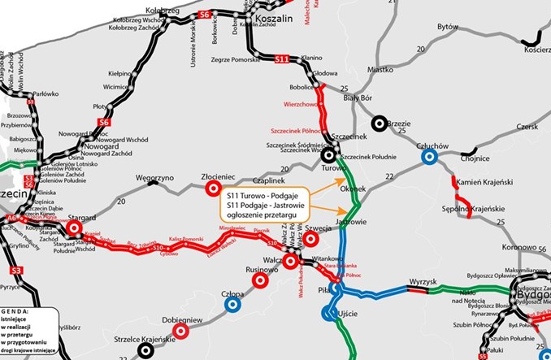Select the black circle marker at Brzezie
click(379, 124)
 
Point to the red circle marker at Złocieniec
click(213, 189)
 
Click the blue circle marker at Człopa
click(232, 305)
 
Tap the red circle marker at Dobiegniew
click(187, 332)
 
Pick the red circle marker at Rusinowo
click(260, 280)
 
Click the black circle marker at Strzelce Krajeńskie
click(145, 349)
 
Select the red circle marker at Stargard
click(75, 229)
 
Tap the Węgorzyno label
click(154, 176)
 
